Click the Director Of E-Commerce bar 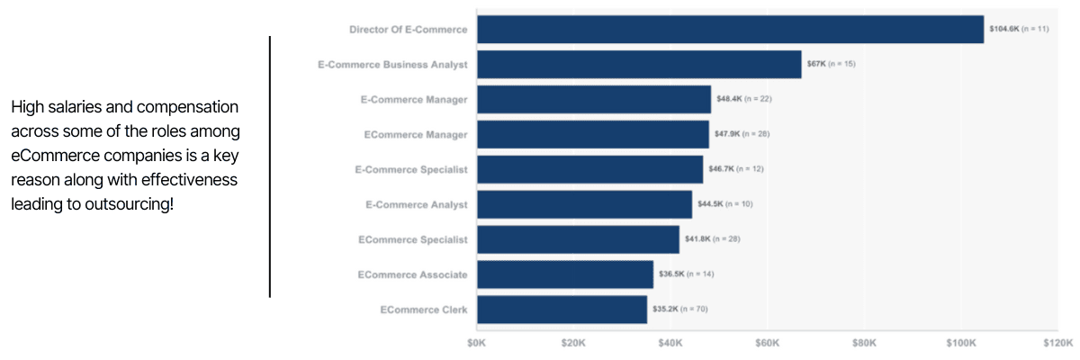pyautogui.click(x=730, y=30)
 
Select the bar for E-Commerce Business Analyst pyautogui.click(x=639, y=65)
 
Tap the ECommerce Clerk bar pyautogui.click(x=562, y=310)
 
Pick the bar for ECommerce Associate pyautogui.click(x=565, y=274)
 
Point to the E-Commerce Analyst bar pyautogui.click(x=584, y=204)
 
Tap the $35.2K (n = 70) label pyautogui.click(x=679, y=310)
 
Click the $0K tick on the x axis pyautogui.click(x=477, y=343)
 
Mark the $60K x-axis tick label pyautogui.click(x=768, y=343)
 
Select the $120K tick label pyautogui.click(x=1058, y=343)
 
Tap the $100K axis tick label pyautogui.click(x=961, y=343)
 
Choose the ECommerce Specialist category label pyautogui.click(x=413, y=239)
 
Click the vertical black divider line pyautogui.click(x=270, y=166)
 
